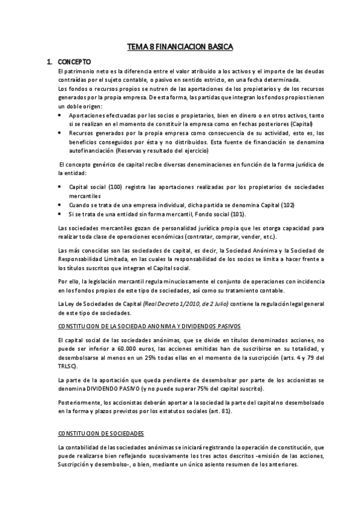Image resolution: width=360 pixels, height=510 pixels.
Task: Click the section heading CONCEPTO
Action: tap(74, 61)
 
